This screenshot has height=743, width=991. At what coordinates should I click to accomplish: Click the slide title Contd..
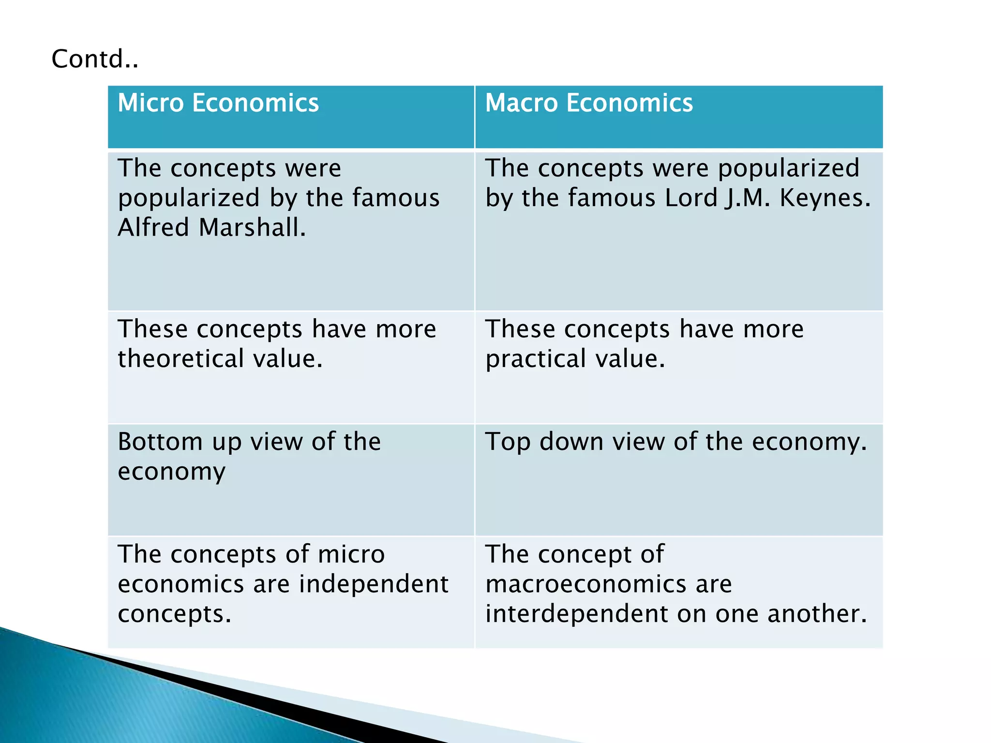tap(95, 59)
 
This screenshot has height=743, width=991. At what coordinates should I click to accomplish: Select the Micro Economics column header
tap(218, 103)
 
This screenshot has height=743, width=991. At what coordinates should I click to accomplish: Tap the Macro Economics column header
tap(589, 103)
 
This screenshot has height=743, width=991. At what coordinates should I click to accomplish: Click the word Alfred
tap(153, 227)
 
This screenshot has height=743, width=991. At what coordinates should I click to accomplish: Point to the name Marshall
tap(252, 227)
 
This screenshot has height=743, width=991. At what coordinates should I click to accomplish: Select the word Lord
tap(691, 198)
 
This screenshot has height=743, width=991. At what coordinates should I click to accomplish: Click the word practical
tap(536, 359)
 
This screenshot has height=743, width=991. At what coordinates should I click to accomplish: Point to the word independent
tap(374, 584)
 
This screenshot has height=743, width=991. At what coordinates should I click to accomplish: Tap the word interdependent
tap(576, 613)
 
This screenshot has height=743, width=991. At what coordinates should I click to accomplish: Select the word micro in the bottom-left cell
tap(351, 554)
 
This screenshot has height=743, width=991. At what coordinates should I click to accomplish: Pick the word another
tap(817, 613)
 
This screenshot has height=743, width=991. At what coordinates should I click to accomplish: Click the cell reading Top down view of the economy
tap(678, 479)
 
